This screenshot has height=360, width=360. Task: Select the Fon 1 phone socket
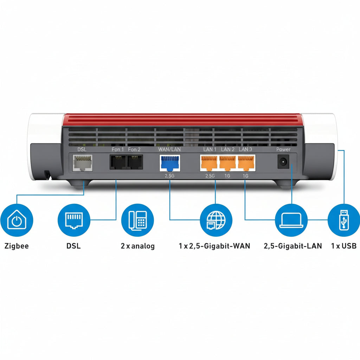pos(118,162)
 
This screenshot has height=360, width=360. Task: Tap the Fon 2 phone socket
pos(135,162)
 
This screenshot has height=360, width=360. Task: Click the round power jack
pos(283,162)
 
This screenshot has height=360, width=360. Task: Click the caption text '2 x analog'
pos(137,246)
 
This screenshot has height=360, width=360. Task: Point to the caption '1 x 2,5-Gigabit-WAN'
pos(214,246)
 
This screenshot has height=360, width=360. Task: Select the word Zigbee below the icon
pos(17,246)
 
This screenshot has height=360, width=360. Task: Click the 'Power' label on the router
pos(283,149)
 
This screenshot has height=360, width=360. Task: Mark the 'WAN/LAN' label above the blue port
pos(169,149)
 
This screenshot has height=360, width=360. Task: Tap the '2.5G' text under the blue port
pos(169,175)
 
